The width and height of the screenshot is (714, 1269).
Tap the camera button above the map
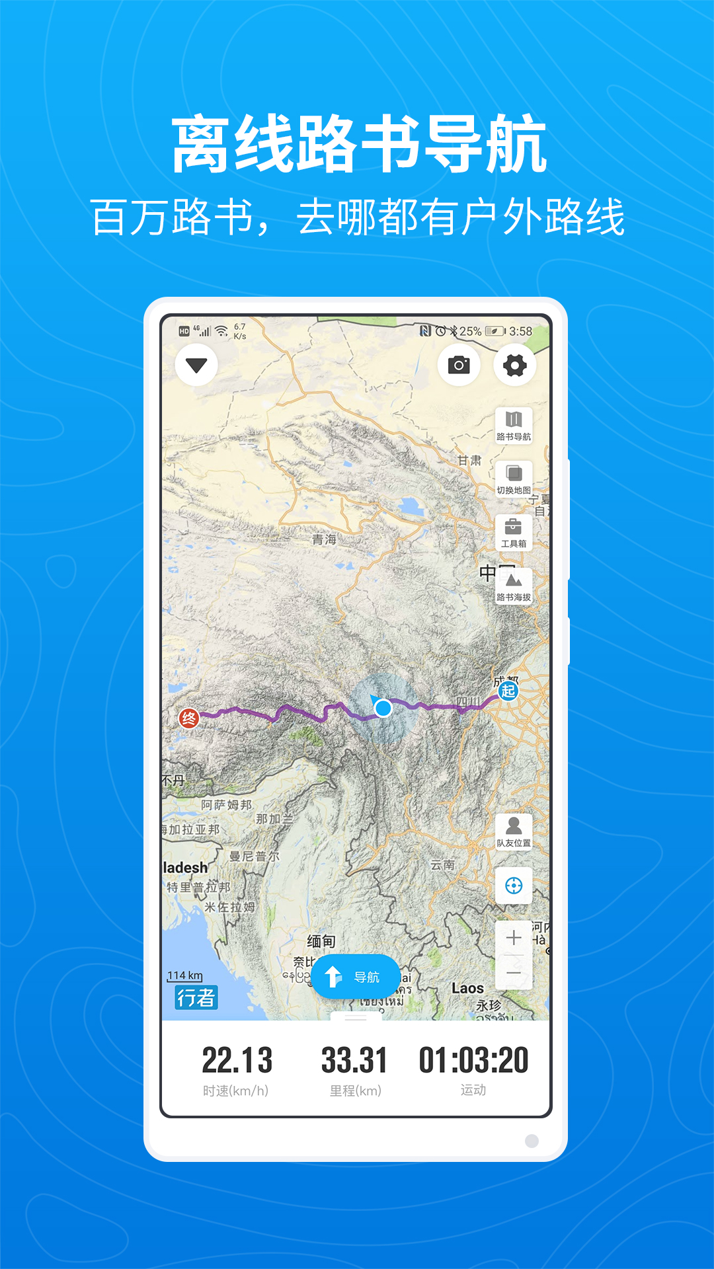click(x=459, y=365)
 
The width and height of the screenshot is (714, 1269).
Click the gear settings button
click(x=515, y=365)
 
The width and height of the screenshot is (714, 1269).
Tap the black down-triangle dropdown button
click(x=196, y=365)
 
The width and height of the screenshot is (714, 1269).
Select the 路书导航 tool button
click(x=514, y=425)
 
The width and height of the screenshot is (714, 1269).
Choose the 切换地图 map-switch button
click(x=514, y=479)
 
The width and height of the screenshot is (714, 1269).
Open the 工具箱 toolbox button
click(x=514, y=532)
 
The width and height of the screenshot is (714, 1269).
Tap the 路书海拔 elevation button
click(x=514, y=586)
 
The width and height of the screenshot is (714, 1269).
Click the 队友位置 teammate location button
click(x=514, y=831)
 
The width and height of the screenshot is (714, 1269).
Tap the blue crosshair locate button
click(x=514, y=886)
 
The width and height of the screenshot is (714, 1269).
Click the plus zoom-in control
click(x=514, y=937)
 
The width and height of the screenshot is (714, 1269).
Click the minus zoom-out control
click(x=514, y=973)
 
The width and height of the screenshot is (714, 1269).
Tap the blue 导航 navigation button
click(x=355, y=977)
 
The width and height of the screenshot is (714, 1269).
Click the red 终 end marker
click(x=189, y=718)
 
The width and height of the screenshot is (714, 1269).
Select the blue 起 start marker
click(x=508, y=691)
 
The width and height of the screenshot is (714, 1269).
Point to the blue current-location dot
click(x=383, y=709)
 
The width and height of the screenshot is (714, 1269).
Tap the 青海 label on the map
click(x=324, y=539)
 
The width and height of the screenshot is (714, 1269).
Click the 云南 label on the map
click(x=442, y=865)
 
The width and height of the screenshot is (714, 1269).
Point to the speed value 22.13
click(x=237, y=1060)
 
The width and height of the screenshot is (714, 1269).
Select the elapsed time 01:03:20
click(x=473, y=1060)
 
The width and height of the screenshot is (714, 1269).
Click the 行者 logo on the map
click(x=196, y=997)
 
